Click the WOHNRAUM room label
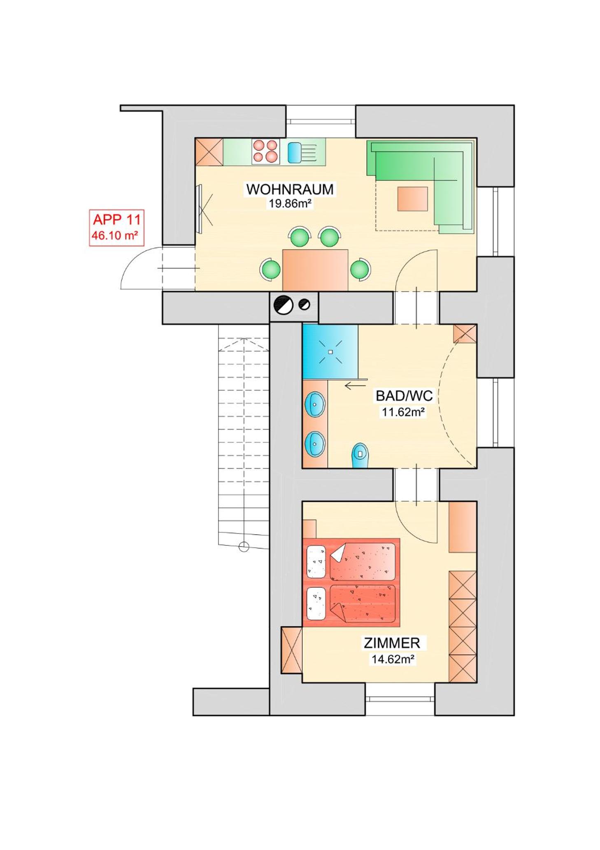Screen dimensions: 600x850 coord(290,189)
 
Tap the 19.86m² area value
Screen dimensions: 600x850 coord(290,203)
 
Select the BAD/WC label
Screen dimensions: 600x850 coord(404,396)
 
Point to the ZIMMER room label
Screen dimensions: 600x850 coord(391,643)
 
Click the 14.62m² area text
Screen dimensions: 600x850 coord(393,659)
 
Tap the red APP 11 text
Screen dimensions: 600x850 coord(117,219)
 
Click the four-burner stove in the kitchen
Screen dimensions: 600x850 coord(265,151)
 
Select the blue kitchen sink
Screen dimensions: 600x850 coord(294,152)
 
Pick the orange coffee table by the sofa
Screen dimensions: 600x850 coord(412,199)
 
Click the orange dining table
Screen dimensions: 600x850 coord(315,270)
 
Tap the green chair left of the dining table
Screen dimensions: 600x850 coord(270,270)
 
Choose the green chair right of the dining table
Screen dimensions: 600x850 coord(360,270)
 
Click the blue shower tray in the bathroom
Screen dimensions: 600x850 coord(330,352)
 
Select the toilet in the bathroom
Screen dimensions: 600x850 coord(360,455)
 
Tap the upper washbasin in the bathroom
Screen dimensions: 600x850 coord(315,404)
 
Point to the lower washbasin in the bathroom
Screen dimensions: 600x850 coord(315,444)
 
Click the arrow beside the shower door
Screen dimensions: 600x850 coord(355,386)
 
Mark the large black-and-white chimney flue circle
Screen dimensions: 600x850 coord(283,305)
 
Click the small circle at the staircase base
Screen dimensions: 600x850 coord(244,547)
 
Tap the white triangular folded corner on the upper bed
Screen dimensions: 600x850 coord(338,553)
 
